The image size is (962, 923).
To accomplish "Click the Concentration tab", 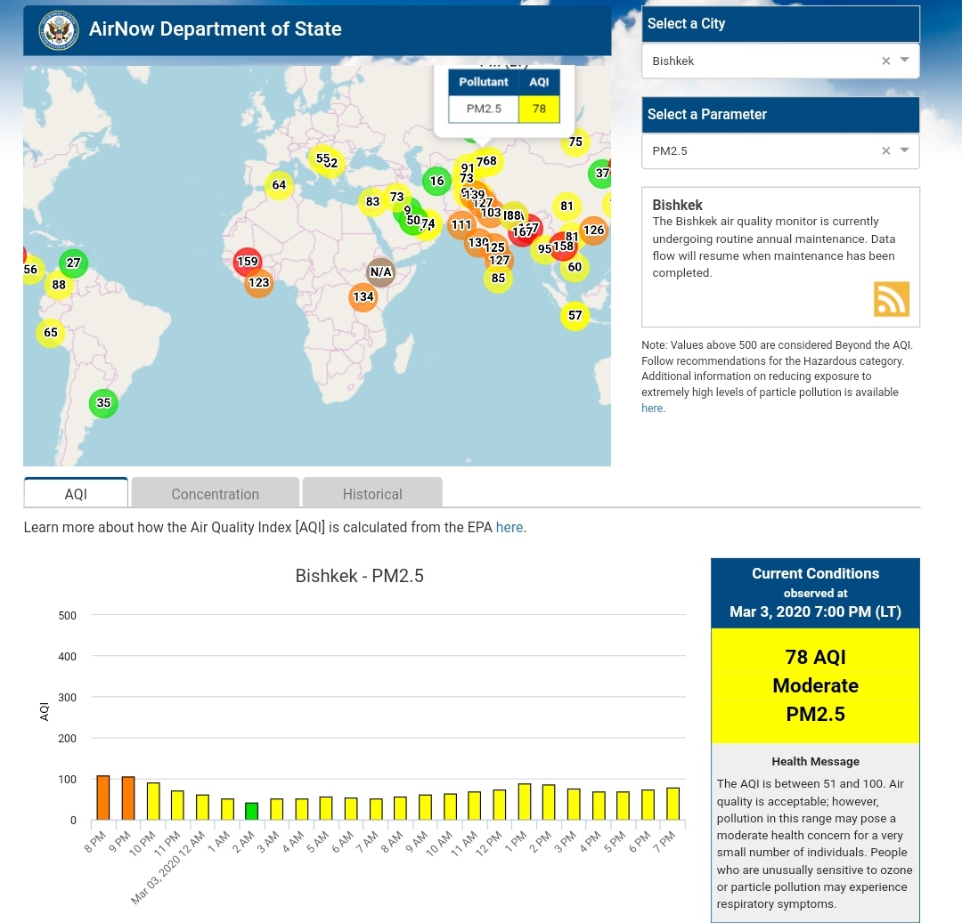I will click(x=215, y=493).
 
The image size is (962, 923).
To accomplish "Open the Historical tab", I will click(x=372, y=493).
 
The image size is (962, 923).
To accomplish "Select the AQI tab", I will click(x=76, y=493).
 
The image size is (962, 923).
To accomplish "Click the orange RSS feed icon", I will click(x=891, y=299).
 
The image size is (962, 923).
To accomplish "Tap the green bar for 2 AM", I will click(x=252, y=811).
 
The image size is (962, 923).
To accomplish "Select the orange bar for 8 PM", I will click(x=103, y=798).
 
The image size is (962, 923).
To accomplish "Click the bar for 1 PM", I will click(x=525, y=801).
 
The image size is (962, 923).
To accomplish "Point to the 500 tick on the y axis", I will click(x=68, y=615).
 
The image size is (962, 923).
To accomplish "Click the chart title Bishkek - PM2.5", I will click(x=359, y=576).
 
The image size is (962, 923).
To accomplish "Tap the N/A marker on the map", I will click(x=380, y=271).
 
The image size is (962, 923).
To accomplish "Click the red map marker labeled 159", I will click(x=247, y=262).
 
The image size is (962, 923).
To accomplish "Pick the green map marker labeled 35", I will click(x=103, y=403).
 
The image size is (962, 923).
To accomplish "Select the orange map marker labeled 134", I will click(x=363, y=297).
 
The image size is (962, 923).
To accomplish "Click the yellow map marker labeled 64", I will click(x=279, y=185).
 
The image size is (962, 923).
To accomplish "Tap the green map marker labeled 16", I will click(x=436, y=181).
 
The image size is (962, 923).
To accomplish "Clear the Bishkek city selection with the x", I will click(x=885, y=61).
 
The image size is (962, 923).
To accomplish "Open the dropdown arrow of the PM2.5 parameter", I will click(x=904, y=150).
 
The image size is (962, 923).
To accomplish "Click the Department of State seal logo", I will click(x=59, y=29).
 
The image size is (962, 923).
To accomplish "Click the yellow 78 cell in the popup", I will click(x=539, y=109).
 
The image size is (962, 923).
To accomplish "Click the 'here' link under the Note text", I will click(x=652, y=408).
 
